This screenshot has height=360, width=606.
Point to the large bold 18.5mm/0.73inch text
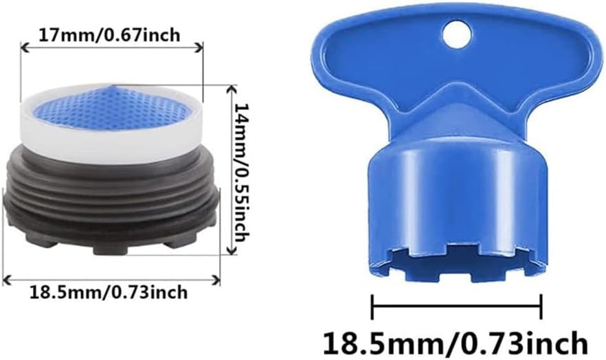456,341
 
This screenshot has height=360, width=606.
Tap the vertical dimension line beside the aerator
227,172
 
